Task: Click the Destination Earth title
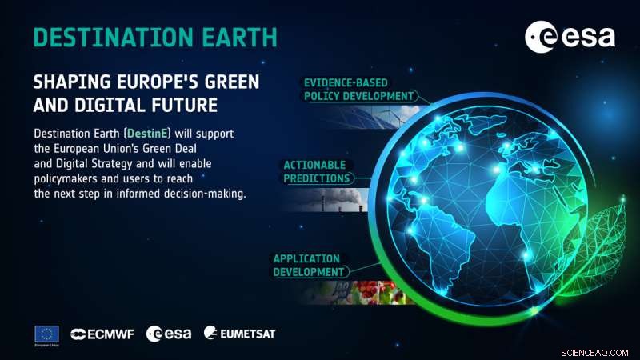[155, 37]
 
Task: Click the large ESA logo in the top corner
[570, 37]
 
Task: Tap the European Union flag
[46, 333]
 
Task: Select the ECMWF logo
[102, 333]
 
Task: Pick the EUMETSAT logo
[239, 332]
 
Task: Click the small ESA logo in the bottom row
[168, 333]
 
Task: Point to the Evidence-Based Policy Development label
[358, 89]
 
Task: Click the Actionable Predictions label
[316, 172]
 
